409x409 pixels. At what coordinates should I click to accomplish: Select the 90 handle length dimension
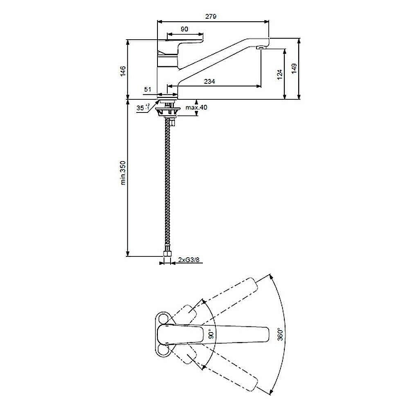(184, 29)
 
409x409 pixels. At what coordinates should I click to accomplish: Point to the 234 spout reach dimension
(209, 82)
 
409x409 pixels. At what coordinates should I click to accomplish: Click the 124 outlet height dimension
(279, 74)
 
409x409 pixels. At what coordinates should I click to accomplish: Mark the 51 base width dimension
(148, 89)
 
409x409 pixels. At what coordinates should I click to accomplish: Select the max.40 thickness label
(196, 108)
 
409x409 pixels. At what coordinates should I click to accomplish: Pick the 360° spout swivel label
(280, 334)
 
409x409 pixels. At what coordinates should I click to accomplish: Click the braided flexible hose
(167, 184)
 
